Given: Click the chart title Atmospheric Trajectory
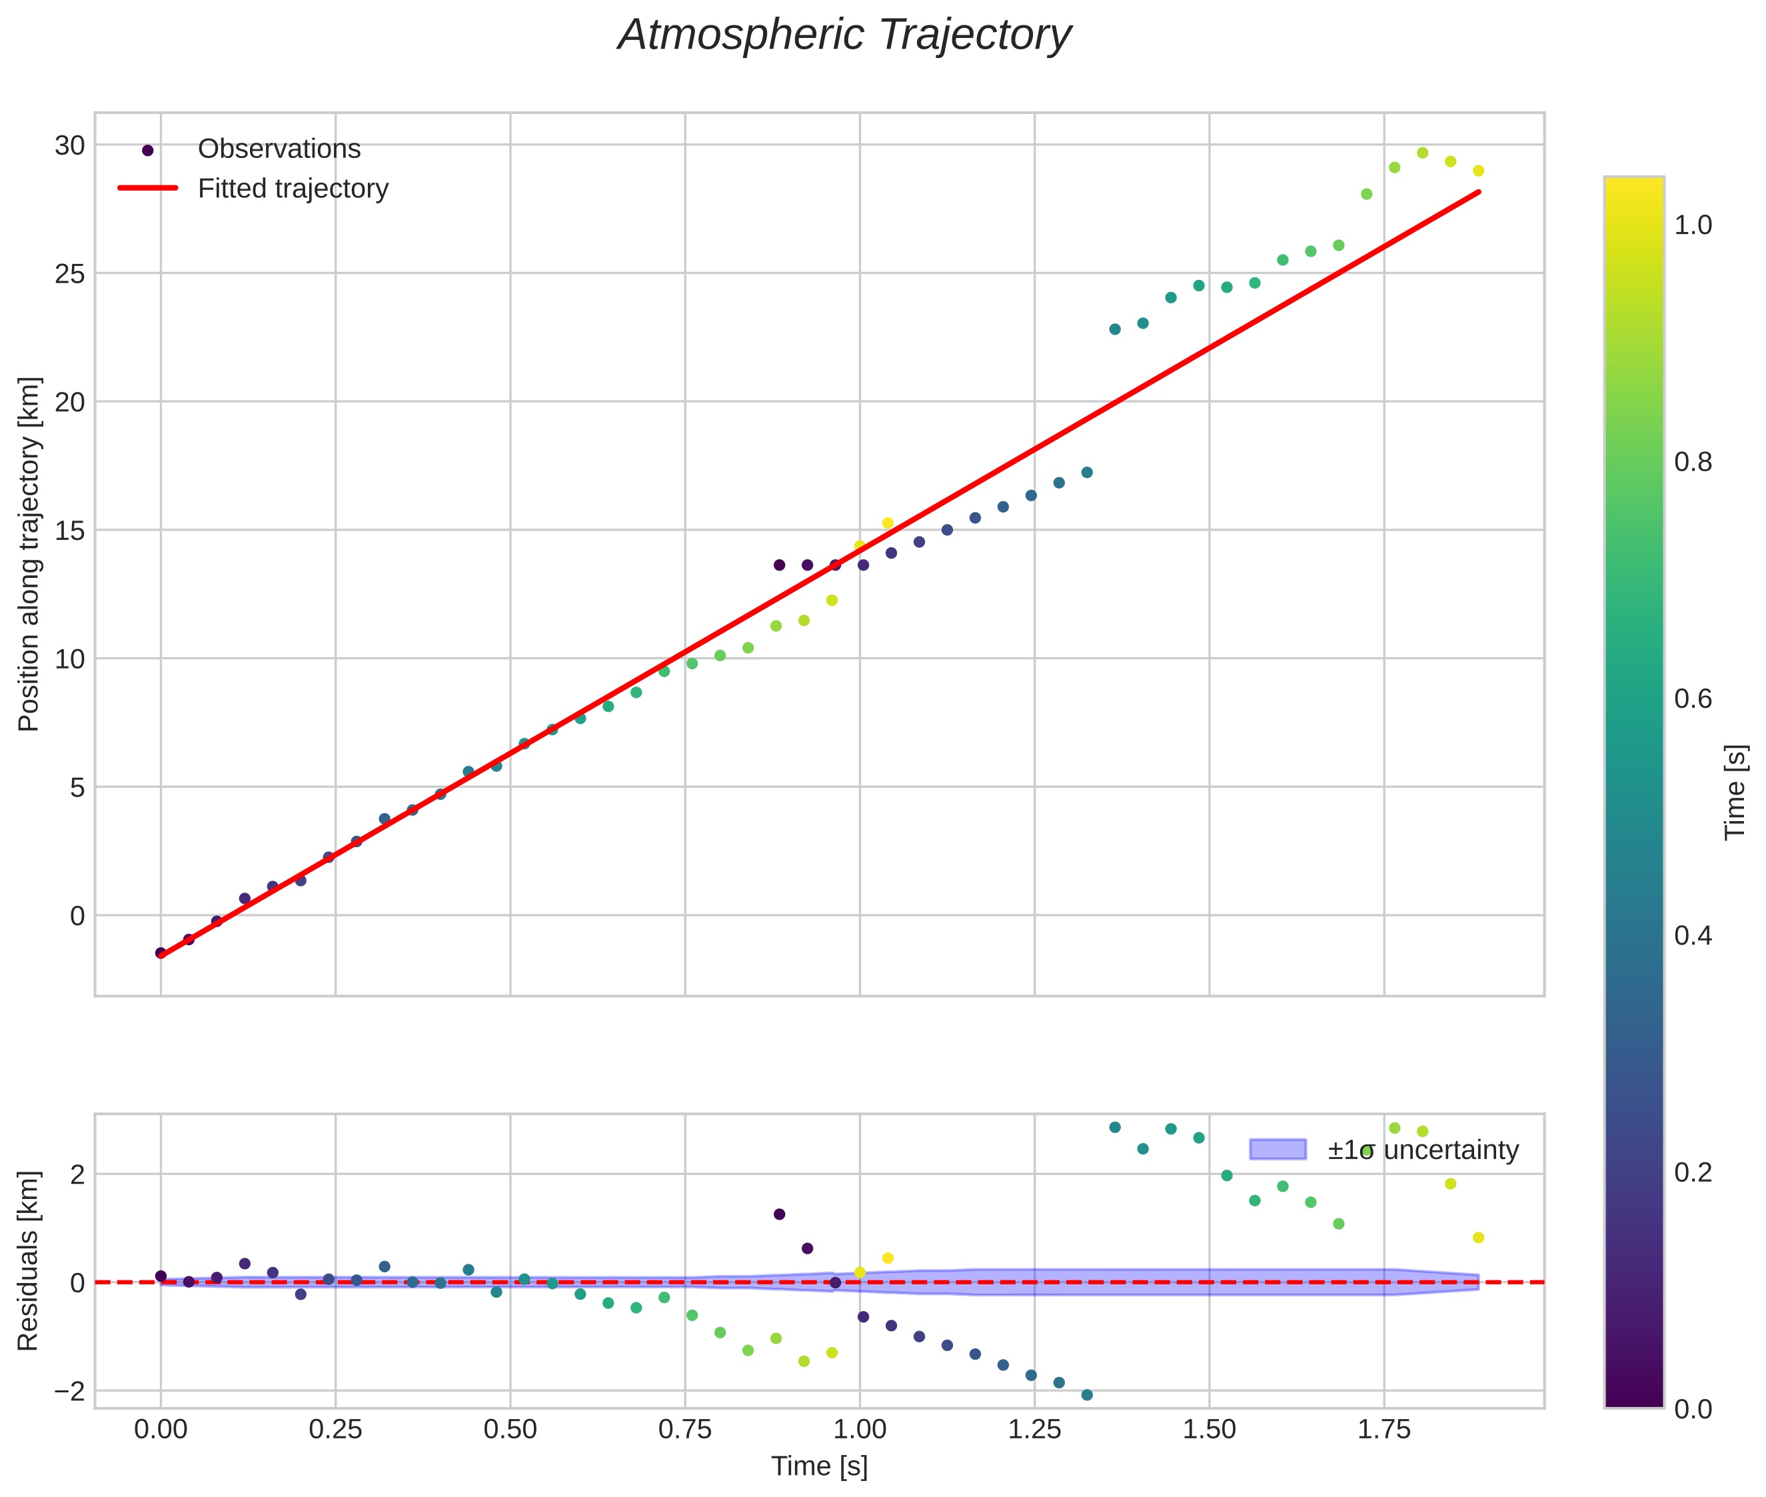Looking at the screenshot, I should click(x=844, y=35).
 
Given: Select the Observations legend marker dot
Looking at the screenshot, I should click(x=148, y=150).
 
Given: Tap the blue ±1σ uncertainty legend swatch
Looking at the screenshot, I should click(x=1278, y=1150).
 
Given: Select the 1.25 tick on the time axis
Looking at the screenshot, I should click(x=1034, y=1430).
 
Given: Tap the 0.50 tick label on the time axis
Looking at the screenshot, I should click(x=510, y=1430).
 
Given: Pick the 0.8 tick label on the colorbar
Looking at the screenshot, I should click(x=1692, y=463).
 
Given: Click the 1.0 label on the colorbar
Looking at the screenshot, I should click(x=1692, y=226).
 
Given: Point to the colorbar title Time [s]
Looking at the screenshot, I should click(x=1736, y=792).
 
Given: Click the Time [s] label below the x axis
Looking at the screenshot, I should click(x=819, y=1466).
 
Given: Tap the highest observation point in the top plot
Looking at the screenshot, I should click(x=1422, y=153).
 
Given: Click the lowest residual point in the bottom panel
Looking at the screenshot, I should click(x=1087, y=1395).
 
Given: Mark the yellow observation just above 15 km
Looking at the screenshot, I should click(x=888, y=523).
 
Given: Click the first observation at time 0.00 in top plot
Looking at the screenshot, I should click(x=161, y=953).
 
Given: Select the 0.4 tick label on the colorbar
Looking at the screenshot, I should click(x=1692, y=936).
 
